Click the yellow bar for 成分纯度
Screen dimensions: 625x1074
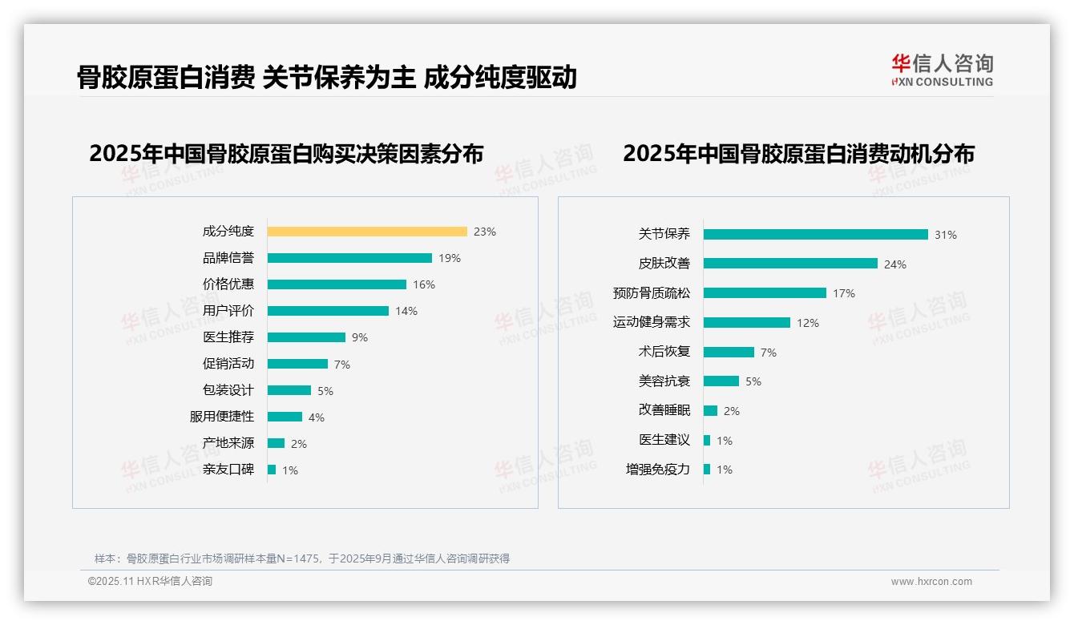(367, 232)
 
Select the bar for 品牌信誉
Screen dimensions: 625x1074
(349, 258)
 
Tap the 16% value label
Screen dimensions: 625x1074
(424, 284)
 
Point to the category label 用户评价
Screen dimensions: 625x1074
(228, 311)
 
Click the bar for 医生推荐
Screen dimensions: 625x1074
(306, 337)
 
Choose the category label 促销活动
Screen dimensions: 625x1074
(228, 364)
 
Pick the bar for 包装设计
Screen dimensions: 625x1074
(289, 390)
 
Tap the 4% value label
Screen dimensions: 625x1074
(317, 417)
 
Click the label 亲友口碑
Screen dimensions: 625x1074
(228, 470)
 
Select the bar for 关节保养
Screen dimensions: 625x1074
(816, 235)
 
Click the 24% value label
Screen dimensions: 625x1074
(895, 264)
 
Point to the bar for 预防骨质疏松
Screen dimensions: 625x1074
(765, 293)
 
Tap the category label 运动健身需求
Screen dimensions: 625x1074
(651, 322)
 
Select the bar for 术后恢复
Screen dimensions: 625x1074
(729, 352)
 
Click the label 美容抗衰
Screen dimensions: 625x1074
(664, 381)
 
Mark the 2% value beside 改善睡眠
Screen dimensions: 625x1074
(731, 411)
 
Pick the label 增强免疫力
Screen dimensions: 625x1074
(657, 470)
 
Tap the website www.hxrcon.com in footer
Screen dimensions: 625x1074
(931, 582)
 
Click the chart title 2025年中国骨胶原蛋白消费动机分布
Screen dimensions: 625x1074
(798, 154)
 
